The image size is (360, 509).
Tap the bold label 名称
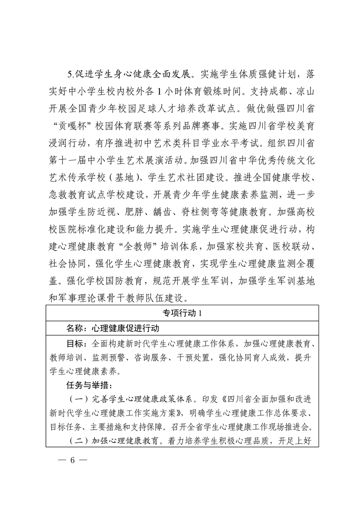click(74, 328)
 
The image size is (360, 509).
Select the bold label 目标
click(74, 343)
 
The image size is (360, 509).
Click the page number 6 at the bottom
click(71, 460)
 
